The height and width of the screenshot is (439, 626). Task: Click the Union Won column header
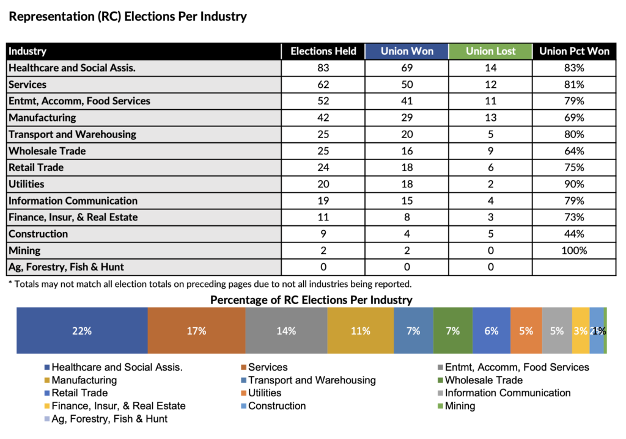coord(407,51)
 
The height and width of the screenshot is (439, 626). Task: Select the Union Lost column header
coord(490,51)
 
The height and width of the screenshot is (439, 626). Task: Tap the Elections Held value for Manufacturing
coord(323,118)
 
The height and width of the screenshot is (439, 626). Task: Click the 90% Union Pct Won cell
coord(574,184)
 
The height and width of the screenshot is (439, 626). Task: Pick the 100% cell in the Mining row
coord(574,251)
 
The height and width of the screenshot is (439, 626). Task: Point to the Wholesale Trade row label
coord(47,151)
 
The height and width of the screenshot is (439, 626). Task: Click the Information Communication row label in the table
coord(73,201)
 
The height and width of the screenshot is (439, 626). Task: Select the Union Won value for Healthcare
coord(407,68)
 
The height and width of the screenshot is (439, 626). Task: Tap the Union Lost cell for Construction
coord(490,234)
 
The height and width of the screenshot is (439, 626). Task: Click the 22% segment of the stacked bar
coord(82,331)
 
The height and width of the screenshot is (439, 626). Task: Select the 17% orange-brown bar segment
coord(196,331)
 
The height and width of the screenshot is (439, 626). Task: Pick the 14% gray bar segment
coord(285,331)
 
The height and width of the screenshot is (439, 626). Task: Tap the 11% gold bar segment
coord(360,331)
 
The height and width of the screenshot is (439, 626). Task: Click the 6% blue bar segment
coord(491,331)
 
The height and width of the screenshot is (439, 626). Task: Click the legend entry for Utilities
coord(265,393)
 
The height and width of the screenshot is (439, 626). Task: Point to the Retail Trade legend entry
coord(79,393)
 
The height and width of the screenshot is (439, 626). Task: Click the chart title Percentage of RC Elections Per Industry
coord(311,300)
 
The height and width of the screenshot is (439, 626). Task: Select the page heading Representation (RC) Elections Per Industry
coord(128,16)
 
